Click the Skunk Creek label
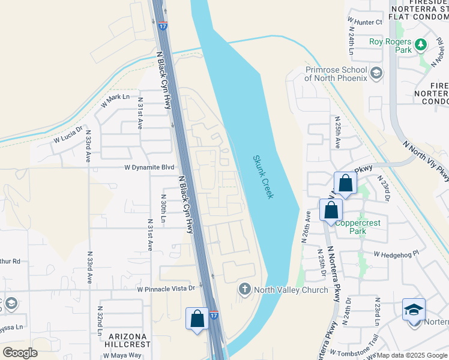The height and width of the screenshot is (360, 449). (x=262, y=176)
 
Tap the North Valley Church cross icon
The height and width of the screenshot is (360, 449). (x=244, y=290)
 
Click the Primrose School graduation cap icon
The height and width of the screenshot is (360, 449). (x=376, y=74)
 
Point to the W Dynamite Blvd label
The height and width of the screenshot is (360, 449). (x=149, y=168)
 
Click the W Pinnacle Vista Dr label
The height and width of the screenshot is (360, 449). (x=166, y=289)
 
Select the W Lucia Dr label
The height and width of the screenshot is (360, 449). (x=67, y=136)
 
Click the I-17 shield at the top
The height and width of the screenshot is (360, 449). (x=163, y=26)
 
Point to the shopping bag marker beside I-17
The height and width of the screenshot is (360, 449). (x=197, y=319)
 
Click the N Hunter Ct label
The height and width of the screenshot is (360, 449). (x=365, y=22)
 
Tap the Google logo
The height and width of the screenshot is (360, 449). (x=20, y=353)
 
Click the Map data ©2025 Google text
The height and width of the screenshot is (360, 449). (x=411, y=355)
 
